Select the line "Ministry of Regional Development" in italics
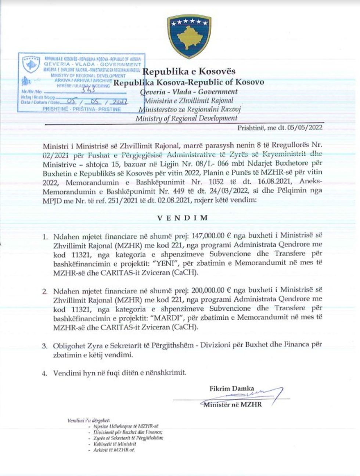click(x=186, y=118)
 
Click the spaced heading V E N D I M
click(x=183, y=217)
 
